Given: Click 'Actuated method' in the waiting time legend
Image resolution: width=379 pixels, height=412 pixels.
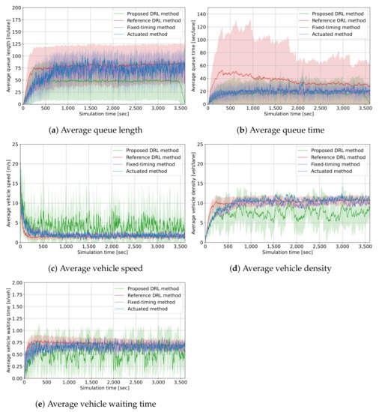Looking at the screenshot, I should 149,308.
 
